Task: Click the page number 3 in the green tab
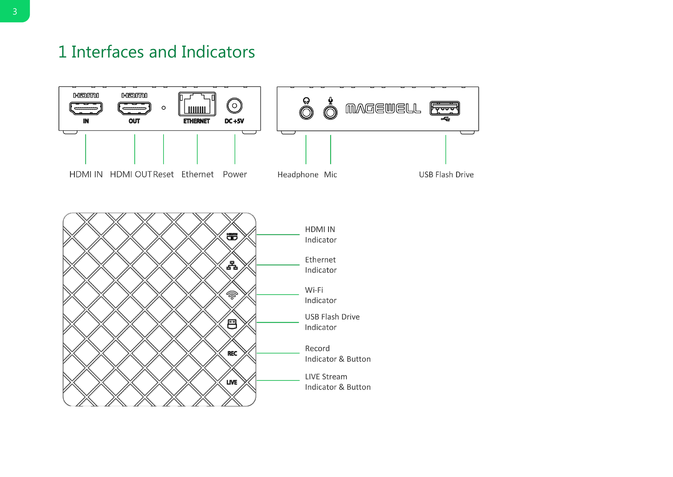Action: (x=15, y=11)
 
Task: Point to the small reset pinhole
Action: (x=164, y=108)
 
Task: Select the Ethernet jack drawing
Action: (x=197, y=104)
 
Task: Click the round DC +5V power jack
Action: (x=234, y=106)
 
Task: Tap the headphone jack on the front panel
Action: (x=306, y=112)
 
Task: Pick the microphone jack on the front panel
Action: (x=330, y=112)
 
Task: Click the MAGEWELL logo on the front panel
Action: (x=383, y=108)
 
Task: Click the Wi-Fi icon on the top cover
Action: (x=232, y=295)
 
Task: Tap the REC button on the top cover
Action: (x=232, y=353)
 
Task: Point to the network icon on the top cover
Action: (x=232, y=266)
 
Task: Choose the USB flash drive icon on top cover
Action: (x=232, y=324)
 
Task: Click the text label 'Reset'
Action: (x=163, y=175)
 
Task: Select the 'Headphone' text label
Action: (x=298, y=175)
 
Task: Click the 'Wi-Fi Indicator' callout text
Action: (x=320, y=295)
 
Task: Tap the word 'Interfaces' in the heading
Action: (x=108, y=52)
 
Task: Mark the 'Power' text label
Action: (x=235, y=175)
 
